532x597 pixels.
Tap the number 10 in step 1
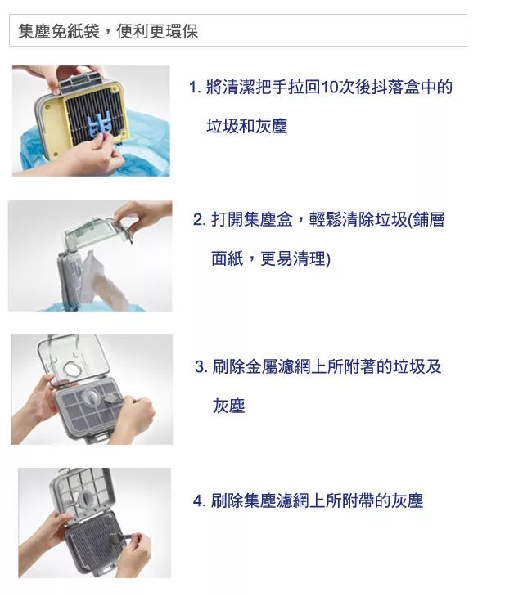pos(332,88)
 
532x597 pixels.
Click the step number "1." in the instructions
pos(194,88)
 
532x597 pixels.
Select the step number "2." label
pos(199,220)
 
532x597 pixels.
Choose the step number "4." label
pos(199,500)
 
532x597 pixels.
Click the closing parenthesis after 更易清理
pos(327,260)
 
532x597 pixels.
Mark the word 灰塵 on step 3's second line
pos(229,406)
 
